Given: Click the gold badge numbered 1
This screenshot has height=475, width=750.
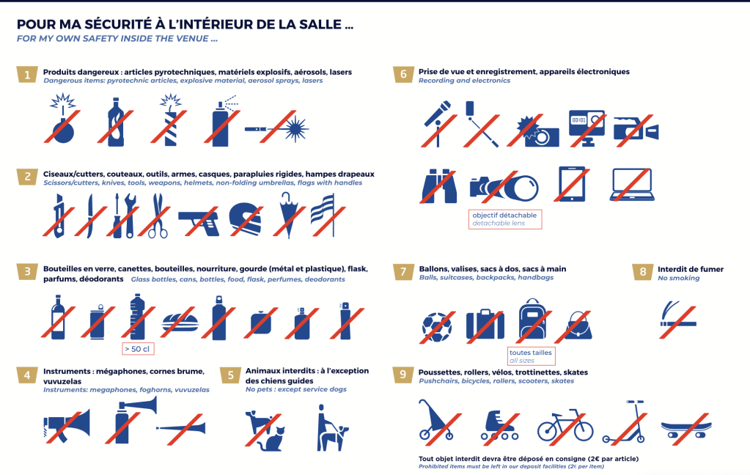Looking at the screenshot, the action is pos(27,75).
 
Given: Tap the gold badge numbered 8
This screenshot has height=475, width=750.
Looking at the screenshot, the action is pos(642,272).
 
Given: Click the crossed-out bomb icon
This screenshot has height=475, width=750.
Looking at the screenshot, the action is pos(62,119).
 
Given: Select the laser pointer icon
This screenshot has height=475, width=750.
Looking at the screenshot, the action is pos(277,128).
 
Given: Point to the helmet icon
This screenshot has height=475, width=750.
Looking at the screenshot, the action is pos(246,219).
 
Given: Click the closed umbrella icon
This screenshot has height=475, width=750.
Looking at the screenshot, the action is pos(288,215).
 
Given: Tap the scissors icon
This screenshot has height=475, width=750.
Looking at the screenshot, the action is pos(156,216).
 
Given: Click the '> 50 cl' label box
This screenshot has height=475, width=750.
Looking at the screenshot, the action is pos(138,349).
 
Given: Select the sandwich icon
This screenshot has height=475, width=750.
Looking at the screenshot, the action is pos(180,322).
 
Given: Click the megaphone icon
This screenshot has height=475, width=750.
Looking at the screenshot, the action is pos(67,424).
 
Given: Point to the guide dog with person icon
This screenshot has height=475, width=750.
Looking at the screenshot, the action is pos(332,428).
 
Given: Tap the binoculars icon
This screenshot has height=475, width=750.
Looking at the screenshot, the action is pos(439,186).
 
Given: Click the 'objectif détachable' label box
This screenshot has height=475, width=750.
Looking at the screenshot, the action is pos(505,219).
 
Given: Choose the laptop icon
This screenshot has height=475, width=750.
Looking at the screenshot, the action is pos(633,184).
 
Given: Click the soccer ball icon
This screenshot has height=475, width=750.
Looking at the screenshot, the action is pos(437,327).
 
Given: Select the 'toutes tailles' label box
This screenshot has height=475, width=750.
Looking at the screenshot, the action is pos(531,356).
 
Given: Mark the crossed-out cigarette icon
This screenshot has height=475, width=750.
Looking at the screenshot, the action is pos(677,320).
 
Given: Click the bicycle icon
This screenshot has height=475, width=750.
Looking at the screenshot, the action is pos(565,425).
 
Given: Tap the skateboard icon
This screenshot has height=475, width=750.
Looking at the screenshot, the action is pos(686,428).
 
